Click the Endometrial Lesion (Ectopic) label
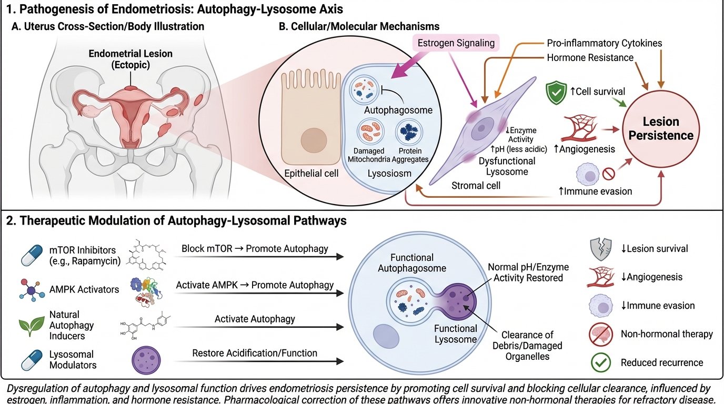(130, 59)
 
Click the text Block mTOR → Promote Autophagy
(254, 248)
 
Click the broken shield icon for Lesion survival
(600, 249)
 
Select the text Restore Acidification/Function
(254, 353)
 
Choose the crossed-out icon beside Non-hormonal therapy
(600, 334)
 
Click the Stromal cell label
(475, 186)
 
